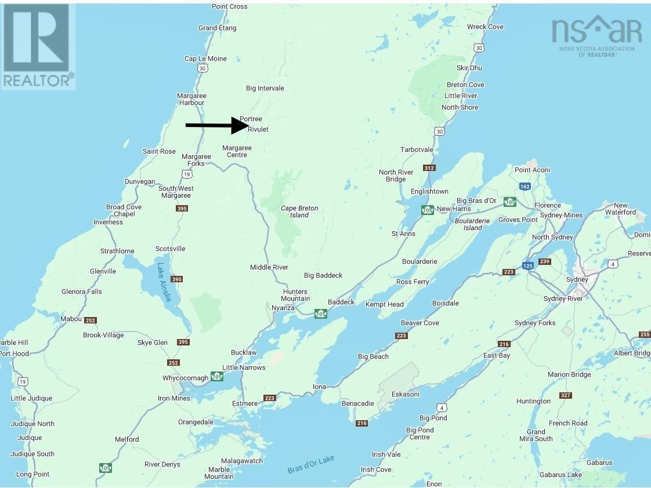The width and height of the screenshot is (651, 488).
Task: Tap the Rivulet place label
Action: pos(258,129)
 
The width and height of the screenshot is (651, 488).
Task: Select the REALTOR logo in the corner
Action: pos(38,46)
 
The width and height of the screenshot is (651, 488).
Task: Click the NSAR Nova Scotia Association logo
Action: pos(596,35)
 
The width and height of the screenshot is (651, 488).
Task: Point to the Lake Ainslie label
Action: pos(164,282)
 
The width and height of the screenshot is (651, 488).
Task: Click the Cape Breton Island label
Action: pos(299,212)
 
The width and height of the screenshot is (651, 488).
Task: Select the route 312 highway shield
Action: pos(429,168)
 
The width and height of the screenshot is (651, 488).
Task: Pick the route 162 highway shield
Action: pos(525,187)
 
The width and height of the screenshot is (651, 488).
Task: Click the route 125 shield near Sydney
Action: pos(527,265)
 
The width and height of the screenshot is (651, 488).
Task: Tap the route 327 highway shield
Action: pos(566,395)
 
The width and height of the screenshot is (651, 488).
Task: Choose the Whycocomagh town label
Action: pos(185,378)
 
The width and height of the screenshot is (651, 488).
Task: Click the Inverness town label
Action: pos(108,222)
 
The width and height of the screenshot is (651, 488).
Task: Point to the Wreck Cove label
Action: pos(485,27)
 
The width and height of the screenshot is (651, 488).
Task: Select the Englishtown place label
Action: pos(429,191)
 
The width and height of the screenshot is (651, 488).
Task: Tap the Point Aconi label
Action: pos(532,170)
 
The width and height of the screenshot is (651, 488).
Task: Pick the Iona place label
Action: pos(320,387)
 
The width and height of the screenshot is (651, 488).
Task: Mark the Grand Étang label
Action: pos(216,28)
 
